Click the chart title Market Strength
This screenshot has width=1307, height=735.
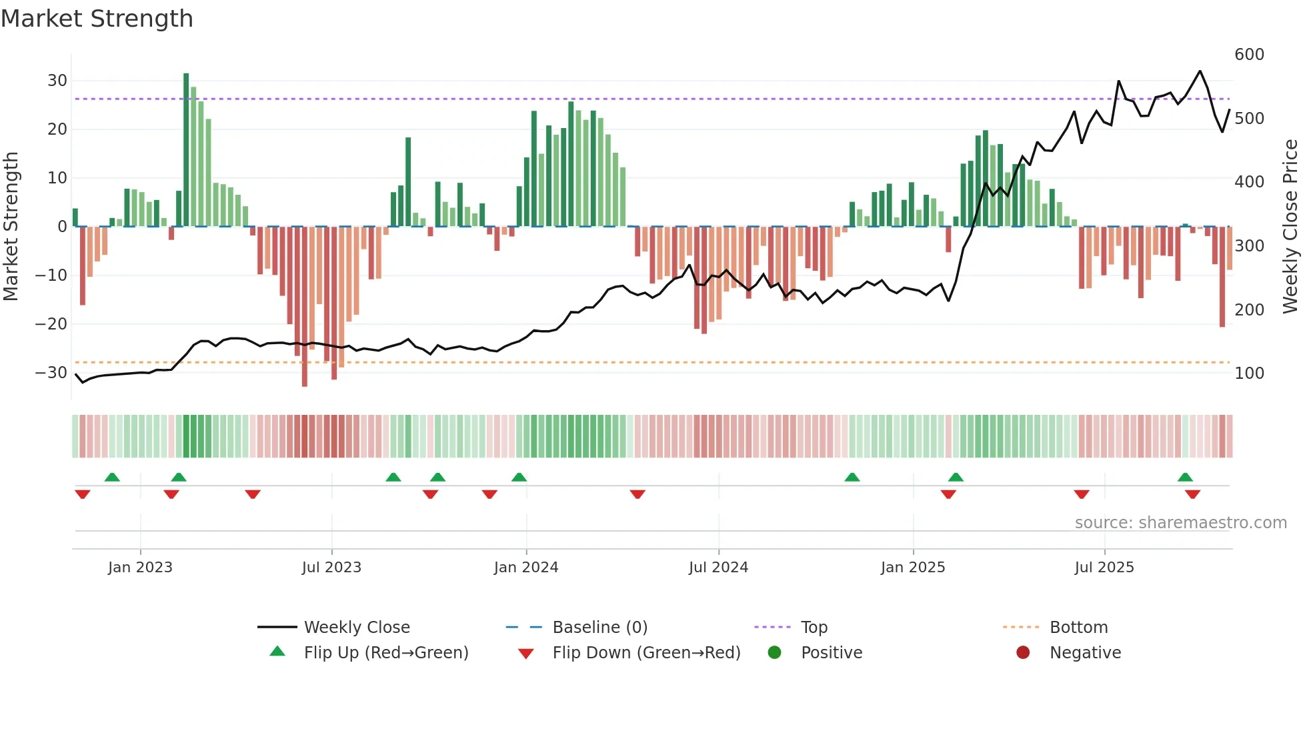coord(97,19)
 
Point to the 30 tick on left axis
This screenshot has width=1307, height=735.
coord(57,81)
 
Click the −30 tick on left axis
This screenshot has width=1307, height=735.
coord(51,373)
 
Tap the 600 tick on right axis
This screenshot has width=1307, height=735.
coord(1249,55)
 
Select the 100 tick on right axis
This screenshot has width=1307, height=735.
coord(1249,374)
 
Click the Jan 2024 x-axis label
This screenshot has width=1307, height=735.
coord(526,568)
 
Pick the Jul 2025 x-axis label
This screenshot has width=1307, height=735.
coord(1104,568)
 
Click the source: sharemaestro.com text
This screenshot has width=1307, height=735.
coord(1180,523)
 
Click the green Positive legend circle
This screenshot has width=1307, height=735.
coord(774,653)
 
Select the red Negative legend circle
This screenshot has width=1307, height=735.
coord(1023,653)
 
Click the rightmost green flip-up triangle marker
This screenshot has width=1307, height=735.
coord(1185,478)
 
